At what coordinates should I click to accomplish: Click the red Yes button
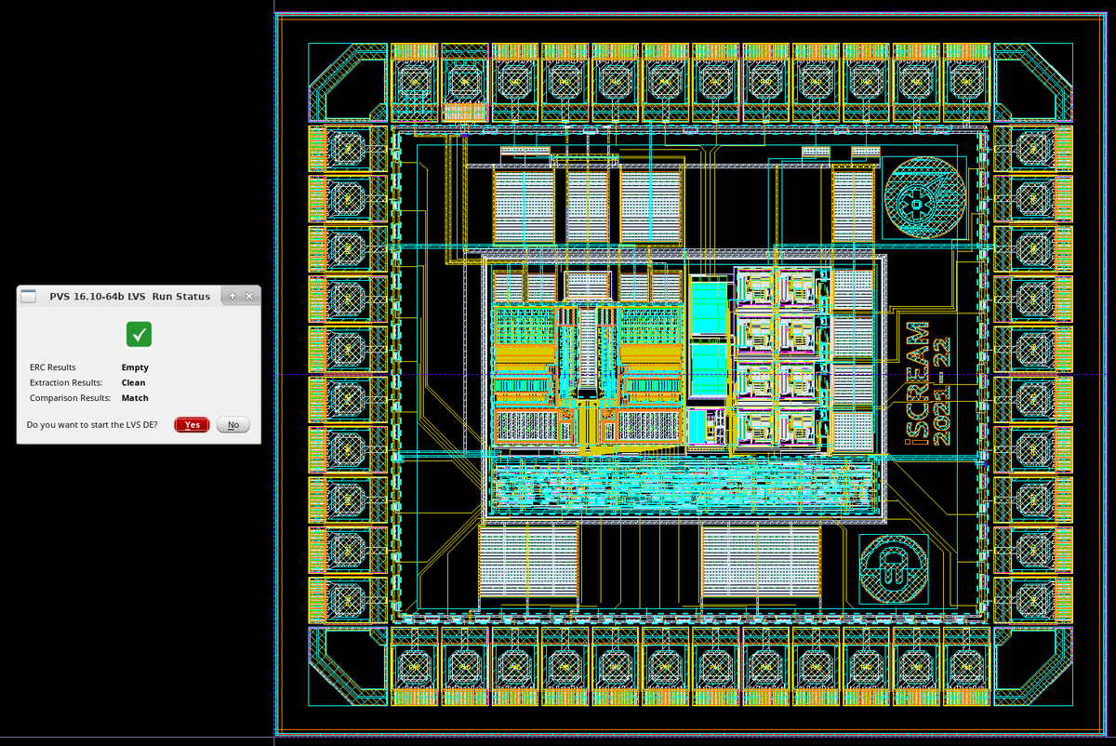click(x=192, y=425)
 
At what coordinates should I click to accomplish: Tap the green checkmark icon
click(x=139, y=334)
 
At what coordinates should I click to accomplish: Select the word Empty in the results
click(x=134, y=367)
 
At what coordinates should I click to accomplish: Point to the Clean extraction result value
click(x=133, y=382)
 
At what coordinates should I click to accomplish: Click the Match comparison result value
click(x=135, y=398)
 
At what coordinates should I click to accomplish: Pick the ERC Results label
click(x=53, y=367)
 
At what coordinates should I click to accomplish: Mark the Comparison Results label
click(x=70, y=398)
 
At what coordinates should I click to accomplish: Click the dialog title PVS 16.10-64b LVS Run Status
click(x=129, y=297)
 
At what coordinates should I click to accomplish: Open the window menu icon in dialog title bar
click(x=29, y=297)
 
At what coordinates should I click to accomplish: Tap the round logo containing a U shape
click(x=893, y=569)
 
